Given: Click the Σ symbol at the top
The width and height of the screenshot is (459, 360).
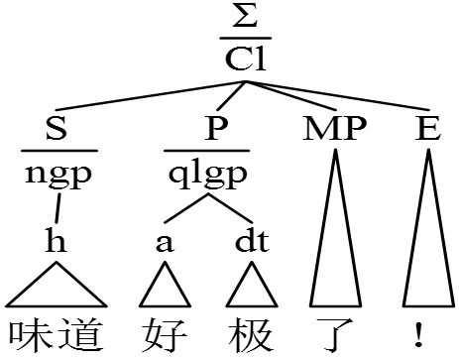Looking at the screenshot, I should pos(242,19).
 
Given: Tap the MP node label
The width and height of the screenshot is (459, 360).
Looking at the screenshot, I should pos(334,129).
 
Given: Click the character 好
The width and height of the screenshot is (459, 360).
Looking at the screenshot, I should pos(165,334).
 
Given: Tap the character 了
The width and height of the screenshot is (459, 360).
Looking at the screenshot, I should pos(333,334).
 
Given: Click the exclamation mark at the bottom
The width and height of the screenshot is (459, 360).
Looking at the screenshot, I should pos(420,334).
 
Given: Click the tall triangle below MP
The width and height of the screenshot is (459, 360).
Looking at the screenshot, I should pos(334,248).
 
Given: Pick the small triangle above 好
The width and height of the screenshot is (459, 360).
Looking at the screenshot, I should pos(165,291).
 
